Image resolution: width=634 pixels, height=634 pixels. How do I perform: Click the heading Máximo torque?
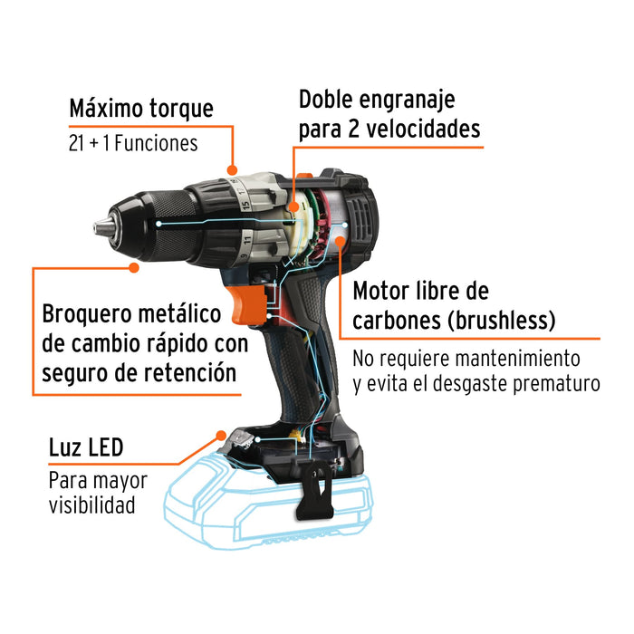pyautogui.click(x=141, y=109)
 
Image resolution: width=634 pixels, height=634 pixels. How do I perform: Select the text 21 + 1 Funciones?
pyautogui.click(x=133, y=143)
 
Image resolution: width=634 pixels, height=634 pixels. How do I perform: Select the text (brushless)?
pyautogui.click(x=502, y=321)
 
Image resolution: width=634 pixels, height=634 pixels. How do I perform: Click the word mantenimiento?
pyautogui.click(x=507, y=359)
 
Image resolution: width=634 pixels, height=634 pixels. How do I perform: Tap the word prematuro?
pyautogui.click(x=556, y=384)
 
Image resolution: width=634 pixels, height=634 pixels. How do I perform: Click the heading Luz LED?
pyautogui.click(x=86, y=447)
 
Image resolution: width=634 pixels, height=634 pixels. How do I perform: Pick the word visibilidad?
pyautogui.click(x=91, y=505)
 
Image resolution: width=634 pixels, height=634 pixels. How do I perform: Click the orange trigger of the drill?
pyautogui.click(x=247, y=304)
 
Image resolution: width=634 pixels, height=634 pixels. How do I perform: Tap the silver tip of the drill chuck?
pyautogui.click(x=102, y=226)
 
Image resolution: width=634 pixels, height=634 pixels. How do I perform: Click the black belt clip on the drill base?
pyautogui.click(x=316, y=490)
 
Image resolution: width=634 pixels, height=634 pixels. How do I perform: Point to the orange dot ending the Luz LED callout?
pyautogui.click(x=221, y=436)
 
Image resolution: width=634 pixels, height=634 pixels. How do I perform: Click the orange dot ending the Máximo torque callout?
pyautogui.click(x=232, y=170)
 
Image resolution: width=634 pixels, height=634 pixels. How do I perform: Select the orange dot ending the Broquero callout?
pyautogui.click(x=134, y=267)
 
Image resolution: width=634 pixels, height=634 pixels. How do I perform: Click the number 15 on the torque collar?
pyautogui.click(x=245, y=206)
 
